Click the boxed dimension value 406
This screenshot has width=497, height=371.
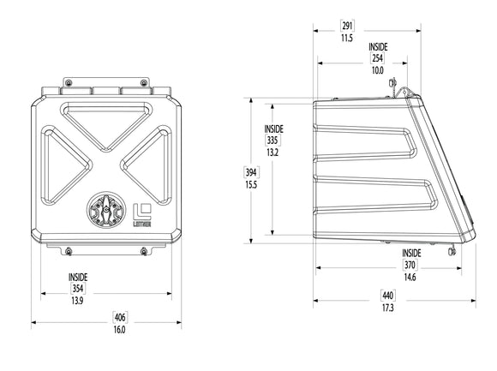pos(120,317)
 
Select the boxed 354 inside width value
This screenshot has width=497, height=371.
pos(78,288)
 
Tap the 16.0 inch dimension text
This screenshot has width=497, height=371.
pos(119,330)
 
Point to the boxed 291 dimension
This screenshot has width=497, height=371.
pos(347,26)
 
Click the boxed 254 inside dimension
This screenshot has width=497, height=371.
pos(377,58)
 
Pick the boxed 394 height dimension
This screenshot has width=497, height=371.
pos(251,172)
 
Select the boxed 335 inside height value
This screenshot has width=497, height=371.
pos(272,140)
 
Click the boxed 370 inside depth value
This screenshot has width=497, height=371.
pos(410,264)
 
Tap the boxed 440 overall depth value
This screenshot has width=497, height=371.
pos(387,296)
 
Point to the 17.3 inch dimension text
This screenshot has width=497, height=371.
pos(387,308)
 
